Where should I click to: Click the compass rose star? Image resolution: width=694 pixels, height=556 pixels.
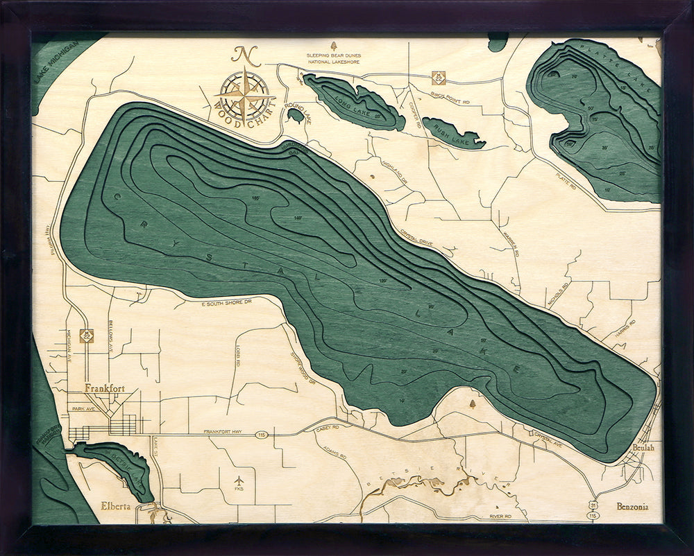244,95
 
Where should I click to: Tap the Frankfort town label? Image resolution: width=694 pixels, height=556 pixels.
104,389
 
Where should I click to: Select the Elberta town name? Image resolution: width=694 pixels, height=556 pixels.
115,505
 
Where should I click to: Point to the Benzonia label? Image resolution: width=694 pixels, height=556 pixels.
632,507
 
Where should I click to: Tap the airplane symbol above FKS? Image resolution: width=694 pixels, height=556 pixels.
239,480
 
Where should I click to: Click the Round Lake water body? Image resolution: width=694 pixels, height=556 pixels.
295,115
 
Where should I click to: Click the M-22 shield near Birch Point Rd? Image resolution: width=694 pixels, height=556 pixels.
437,77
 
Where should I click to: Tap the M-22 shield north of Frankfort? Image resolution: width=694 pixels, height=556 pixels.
87,335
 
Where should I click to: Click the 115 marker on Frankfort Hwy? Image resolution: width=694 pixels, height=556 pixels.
261,435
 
